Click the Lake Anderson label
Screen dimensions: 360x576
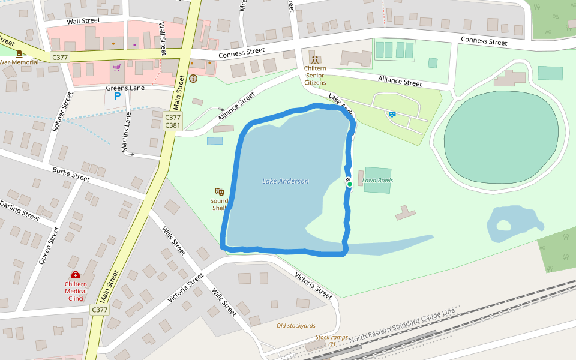(286, 181)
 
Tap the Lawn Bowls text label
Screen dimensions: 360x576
(377, 180)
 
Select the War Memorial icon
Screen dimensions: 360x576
(19, 54)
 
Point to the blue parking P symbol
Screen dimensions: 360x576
(118, 95)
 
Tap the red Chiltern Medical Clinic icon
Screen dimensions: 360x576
(76, 274)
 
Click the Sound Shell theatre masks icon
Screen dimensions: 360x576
(220, 191)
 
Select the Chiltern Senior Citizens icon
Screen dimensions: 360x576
(315, 59)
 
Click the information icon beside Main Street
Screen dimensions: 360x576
(193, 79)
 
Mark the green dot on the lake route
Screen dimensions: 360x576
(349, 184)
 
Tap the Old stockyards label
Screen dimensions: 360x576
(296, 326)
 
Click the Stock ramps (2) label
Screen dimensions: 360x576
(332, 340)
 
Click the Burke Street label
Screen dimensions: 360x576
(71, 175)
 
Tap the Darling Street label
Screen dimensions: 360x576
(20, 211)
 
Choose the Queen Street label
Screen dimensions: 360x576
(49, 245)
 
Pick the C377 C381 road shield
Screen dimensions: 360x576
(173, 121)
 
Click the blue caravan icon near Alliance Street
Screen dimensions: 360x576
(392, 114)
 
